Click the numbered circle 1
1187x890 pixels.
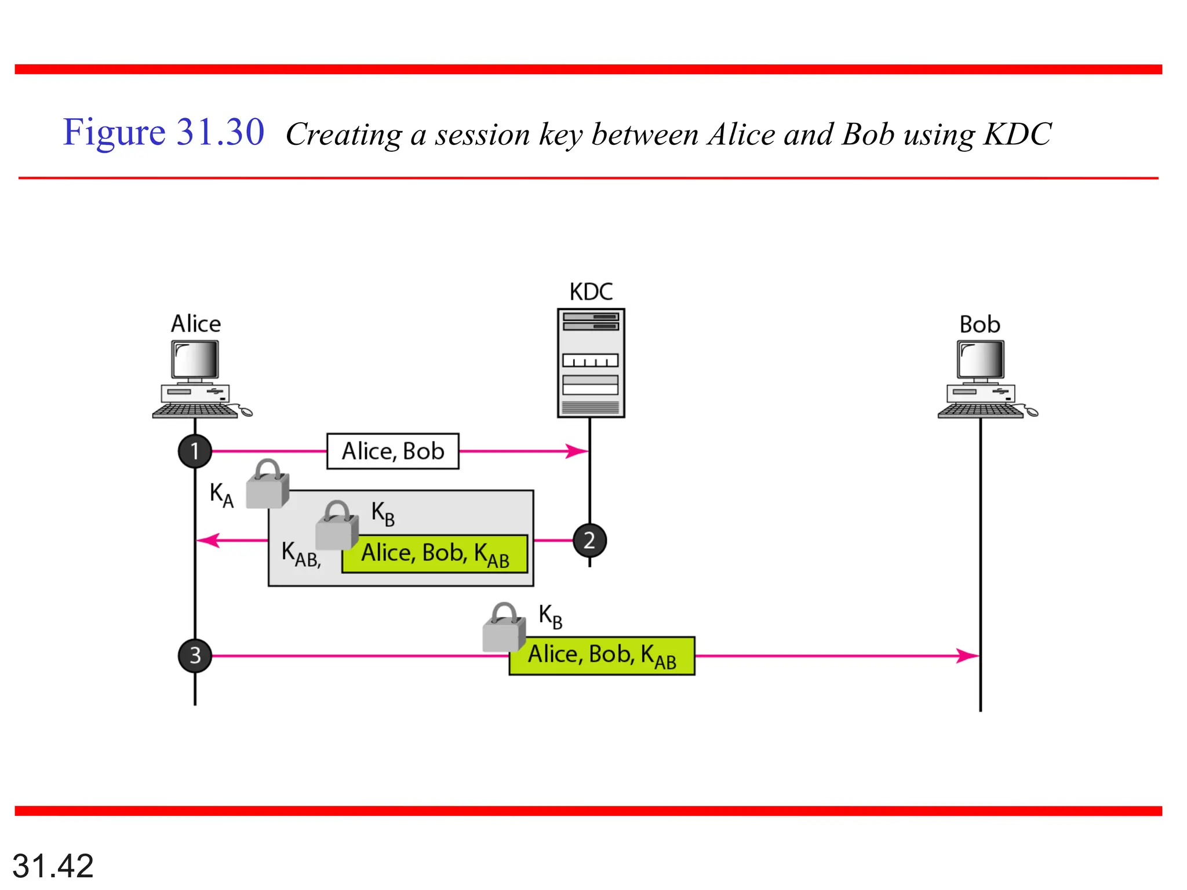point(195,451)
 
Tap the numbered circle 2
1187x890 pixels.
point(589,540)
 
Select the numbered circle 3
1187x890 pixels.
point(195,655)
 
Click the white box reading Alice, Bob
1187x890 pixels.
point(393,451)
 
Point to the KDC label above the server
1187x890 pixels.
point(591,291)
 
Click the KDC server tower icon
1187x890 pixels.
point(591,363)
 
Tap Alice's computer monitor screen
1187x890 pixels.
point(195,359)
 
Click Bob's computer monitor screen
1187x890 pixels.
point(981,359)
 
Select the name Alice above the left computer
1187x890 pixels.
point(195,323)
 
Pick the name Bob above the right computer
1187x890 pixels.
point(980,324)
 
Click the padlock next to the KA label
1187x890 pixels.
point(267,486)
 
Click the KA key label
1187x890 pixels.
point(221,495)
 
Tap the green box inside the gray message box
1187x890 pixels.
point(435,554)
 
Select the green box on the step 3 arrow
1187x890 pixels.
point(602,655)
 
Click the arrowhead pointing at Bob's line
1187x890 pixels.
point(968,655)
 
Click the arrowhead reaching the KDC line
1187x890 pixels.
point(577,451)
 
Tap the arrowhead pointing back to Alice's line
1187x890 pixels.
point(208,540)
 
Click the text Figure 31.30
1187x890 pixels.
point(163,132)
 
